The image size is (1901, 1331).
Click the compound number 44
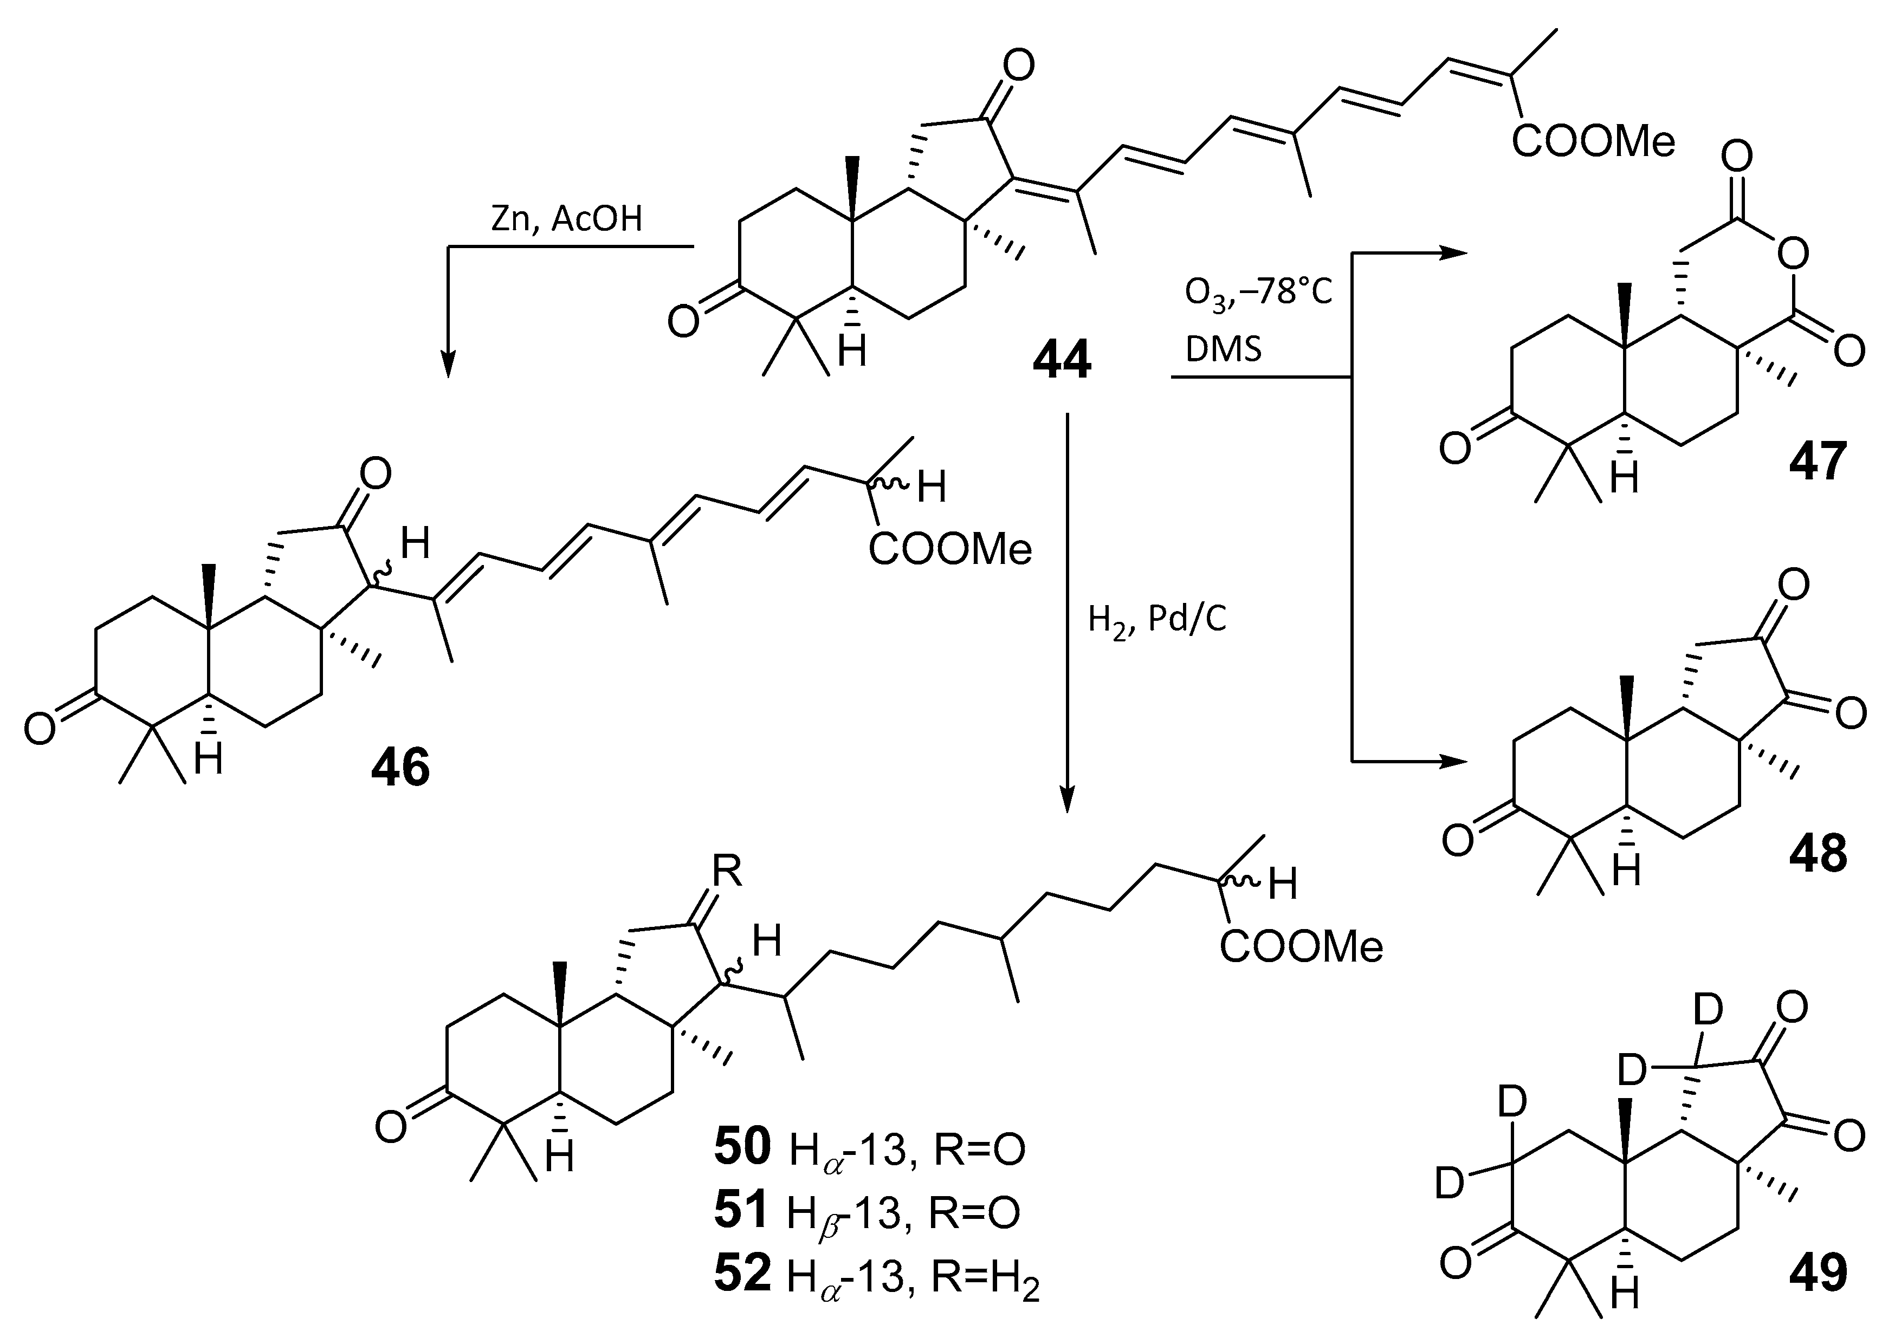coord(1062,361)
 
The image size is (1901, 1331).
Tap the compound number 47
coord(1818,461)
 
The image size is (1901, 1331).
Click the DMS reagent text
coord(1224,349)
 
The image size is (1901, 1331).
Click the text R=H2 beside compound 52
coord(985,1277)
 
